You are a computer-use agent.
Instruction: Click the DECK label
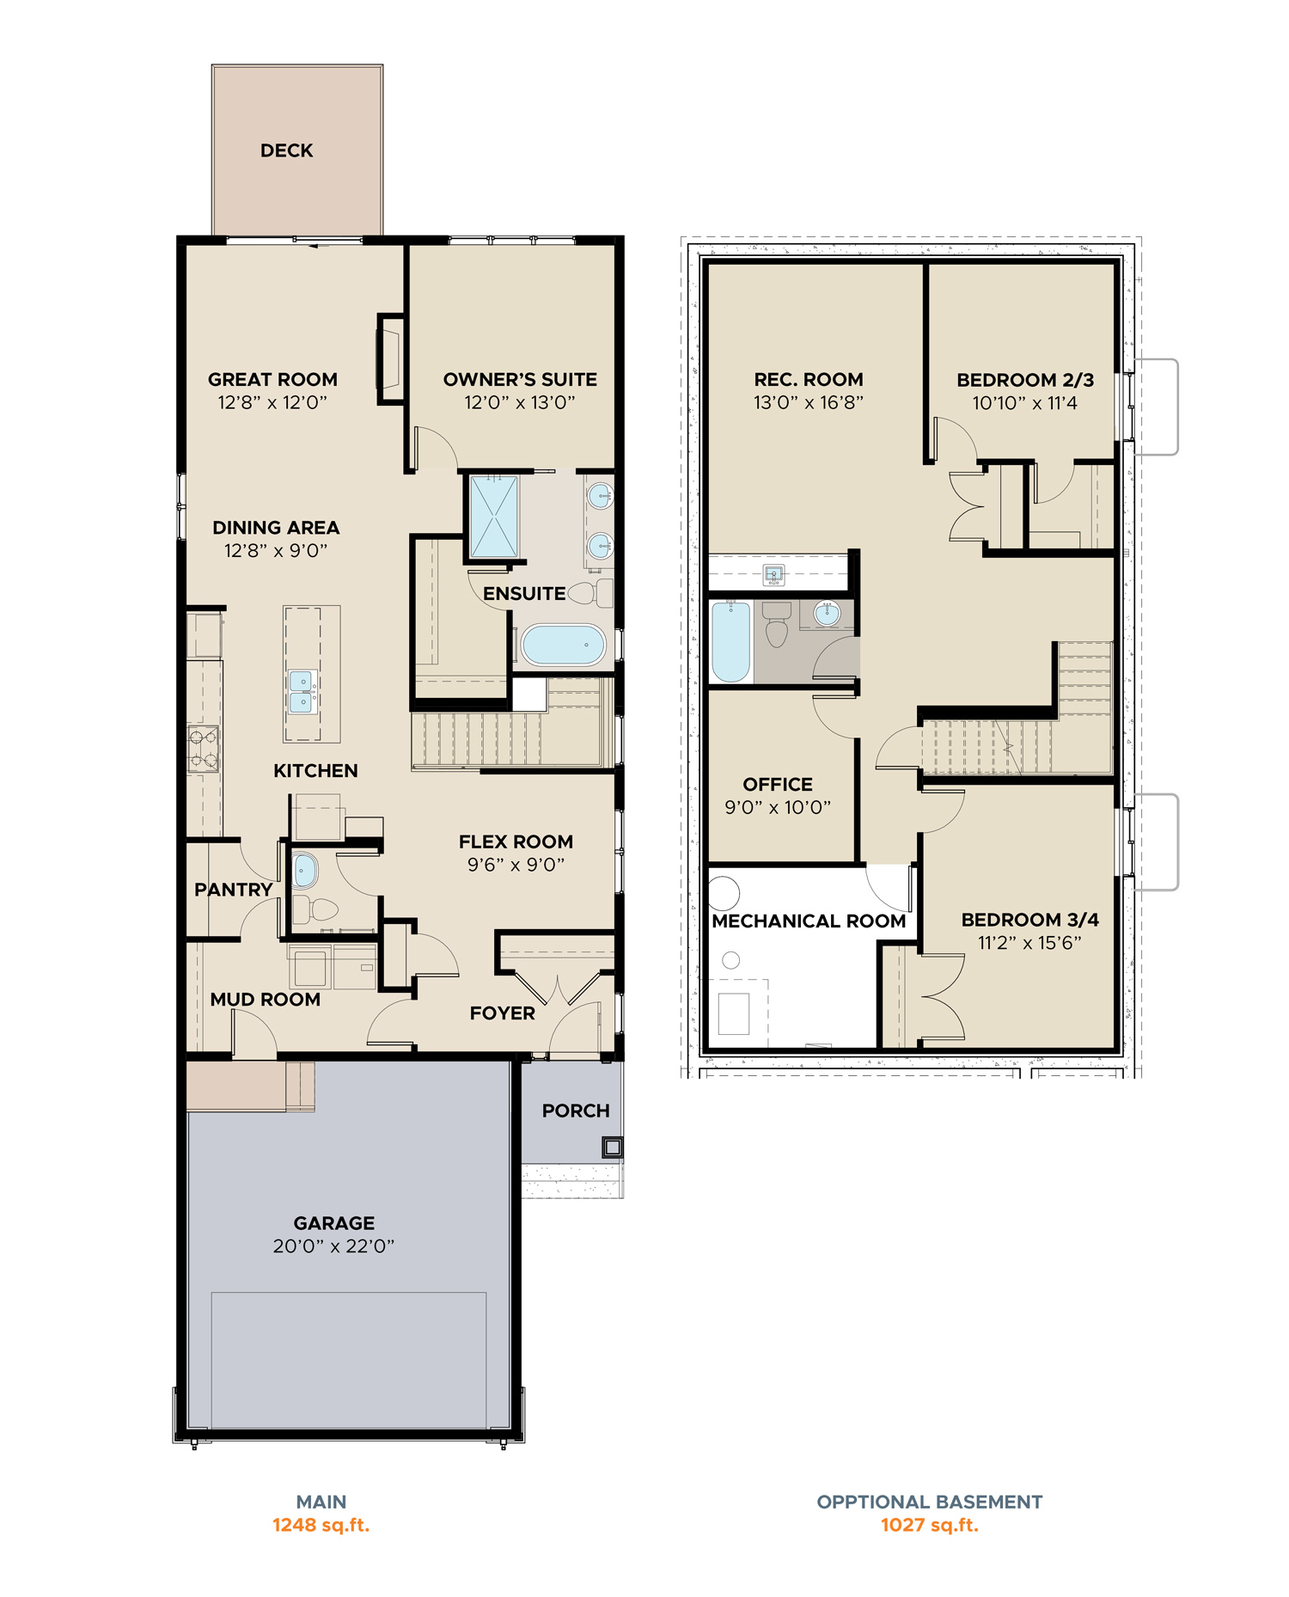click(x=286, y=150)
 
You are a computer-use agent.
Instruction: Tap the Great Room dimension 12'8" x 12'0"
click(x=272, y=402)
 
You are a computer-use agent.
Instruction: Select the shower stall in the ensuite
click(x=494, y=517)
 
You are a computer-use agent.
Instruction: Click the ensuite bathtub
click(x=563, y=645)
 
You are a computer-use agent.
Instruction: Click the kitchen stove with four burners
click(x=204, y=749)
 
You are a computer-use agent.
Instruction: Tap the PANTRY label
click(x=233, y=890)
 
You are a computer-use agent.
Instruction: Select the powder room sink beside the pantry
click(x=304, y=871)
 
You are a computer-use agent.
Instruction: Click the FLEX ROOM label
click(x=516, y=841)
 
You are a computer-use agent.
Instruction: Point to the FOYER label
click(x=502, y=1013)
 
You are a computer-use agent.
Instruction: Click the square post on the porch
click(x=612, y=1147)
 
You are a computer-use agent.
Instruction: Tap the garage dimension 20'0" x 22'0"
click(x=333, y=1246)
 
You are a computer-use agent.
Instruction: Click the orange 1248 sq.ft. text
click(x=321, y=1526)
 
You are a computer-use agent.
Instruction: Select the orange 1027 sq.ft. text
click(x=929, y=1526)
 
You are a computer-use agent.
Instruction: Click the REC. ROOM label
click(x=808, y=379)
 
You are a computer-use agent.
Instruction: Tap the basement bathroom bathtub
click(x=730, y=641)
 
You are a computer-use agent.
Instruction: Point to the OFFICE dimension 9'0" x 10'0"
click(x=778, y=807)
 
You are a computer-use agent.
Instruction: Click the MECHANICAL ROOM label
click(x=809, y=921)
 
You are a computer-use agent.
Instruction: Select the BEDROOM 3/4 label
click(x=1029, y=920)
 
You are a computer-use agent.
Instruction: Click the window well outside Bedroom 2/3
click(x=1156, y=407)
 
